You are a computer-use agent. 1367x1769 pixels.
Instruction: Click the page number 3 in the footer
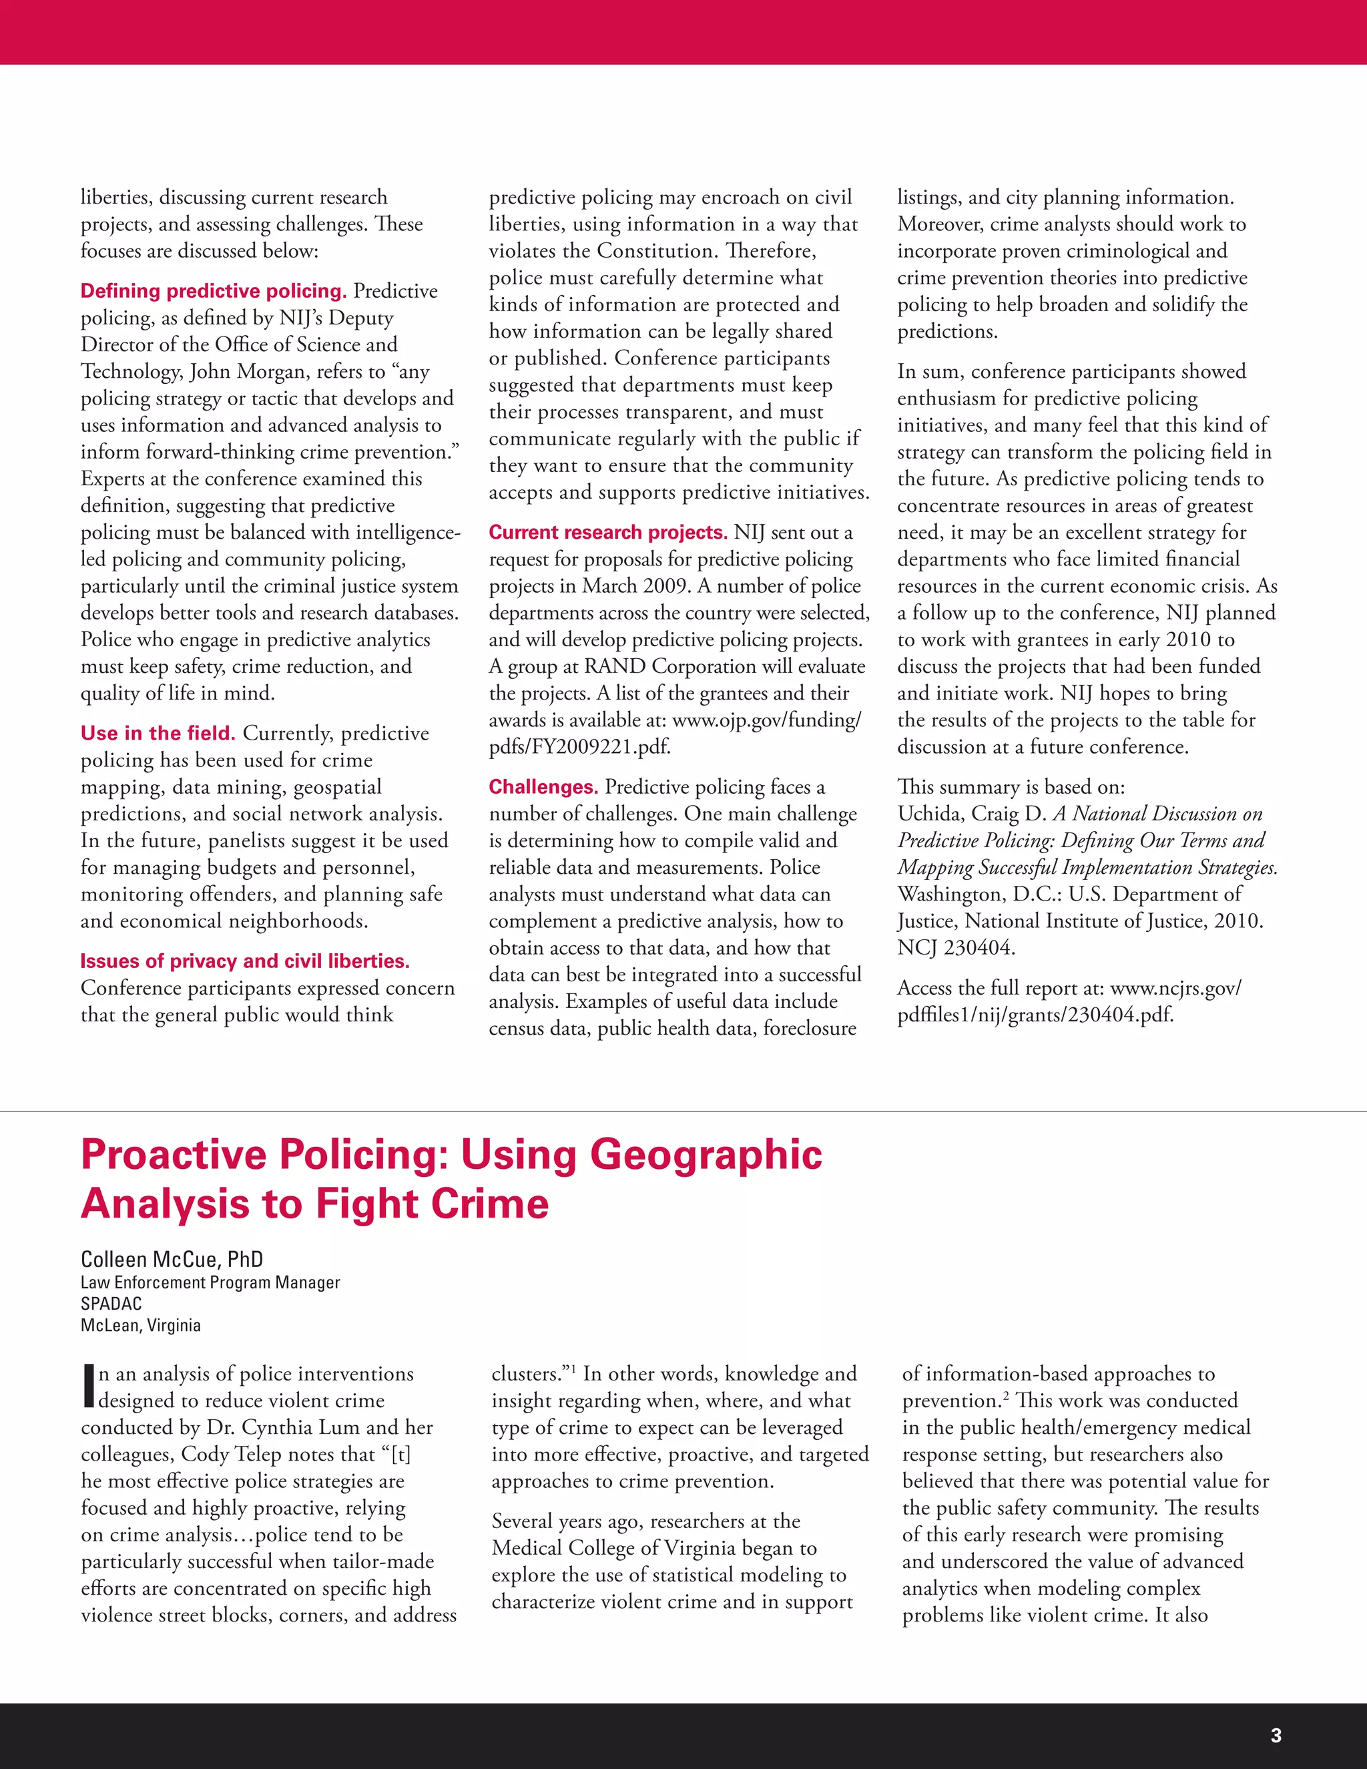pos(1276,1735)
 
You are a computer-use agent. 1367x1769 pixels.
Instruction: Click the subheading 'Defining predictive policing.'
pos(213,291)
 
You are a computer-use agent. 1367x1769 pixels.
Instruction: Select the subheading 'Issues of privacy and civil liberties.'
pos(244,961)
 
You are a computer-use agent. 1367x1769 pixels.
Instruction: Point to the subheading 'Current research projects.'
pos(608,532)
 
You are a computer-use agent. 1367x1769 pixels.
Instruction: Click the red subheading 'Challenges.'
pos(543,786)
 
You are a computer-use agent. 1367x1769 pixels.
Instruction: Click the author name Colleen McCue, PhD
pos(172,1259)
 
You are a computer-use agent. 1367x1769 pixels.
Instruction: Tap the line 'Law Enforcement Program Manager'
pos(210,1282)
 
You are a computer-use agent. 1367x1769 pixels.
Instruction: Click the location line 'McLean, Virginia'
pos(140,1325)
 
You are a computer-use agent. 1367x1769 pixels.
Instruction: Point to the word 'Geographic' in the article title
pos(706,1154)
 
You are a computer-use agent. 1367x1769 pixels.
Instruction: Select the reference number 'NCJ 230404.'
pos(956,948)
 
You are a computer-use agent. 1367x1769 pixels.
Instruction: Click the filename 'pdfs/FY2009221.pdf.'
pos(580,747)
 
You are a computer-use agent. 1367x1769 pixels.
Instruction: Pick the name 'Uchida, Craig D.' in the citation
pos(972,814)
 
